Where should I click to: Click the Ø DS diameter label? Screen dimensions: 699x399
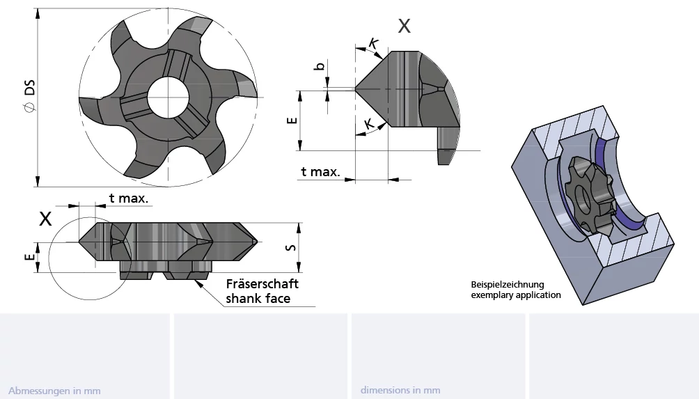[x=29, y=96]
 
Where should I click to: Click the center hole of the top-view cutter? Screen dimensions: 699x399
[x=168, y=97]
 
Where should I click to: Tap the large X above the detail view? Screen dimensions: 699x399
[x=404, y=26]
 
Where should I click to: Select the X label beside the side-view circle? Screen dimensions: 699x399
[x=45, y=219]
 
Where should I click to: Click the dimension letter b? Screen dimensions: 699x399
[x=320, y=66]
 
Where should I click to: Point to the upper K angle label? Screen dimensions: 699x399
[x=374, y=43]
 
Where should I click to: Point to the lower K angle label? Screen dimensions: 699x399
[x=369, y=124]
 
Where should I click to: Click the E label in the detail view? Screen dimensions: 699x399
[x=292, y=120]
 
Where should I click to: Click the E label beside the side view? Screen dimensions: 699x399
[x=29, y=257]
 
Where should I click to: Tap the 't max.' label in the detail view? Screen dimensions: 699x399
[x=320, y=171]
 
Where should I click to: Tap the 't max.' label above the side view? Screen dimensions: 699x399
[x=128, y=198]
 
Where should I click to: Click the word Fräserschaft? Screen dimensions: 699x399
[x=262, y=284]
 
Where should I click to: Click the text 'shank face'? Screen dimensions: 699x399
[x=258, y=298]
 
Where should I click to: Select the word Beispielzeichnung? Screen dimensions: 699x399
[x=508, y=284]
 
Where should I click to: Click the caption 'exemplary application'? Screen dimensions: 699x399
[x=516, y=295]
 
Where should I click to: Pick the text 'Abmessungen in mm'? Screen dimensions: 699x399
[x=54, y=391]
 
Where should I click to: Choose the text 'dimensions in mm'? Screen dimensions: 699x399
[x=400, y=390]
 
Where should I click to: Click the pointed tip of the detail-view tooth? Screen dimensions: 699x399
[x=356, y=89]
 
